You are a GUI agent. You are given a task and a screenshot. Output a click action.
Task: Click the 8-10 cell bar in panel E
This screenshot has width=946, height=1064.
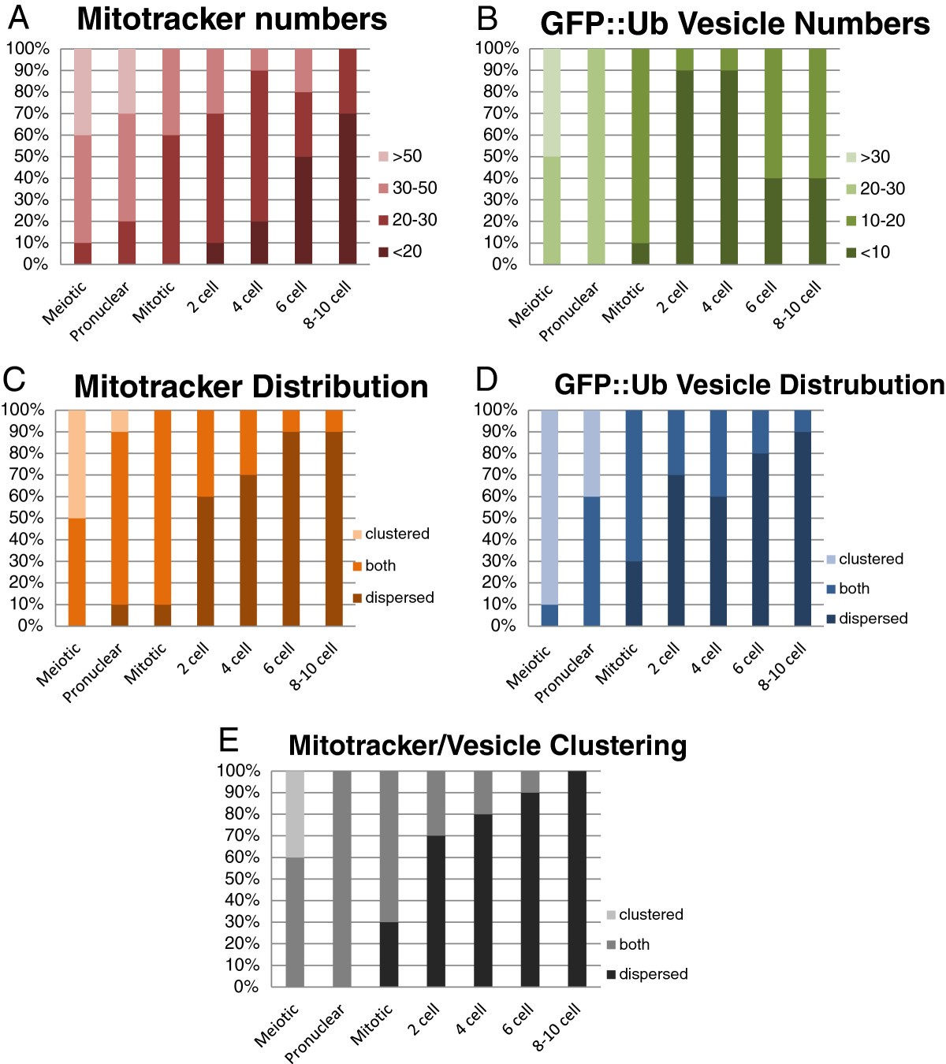pos(577,878)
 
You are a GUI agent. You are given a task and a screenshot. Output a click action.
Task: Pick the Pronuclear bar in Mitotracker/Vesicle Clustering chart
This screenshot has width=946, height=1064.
pos(341,878)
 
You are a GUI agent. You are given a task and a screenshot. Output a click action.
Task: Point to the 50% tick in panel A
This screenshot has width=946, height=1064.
pos(28,156)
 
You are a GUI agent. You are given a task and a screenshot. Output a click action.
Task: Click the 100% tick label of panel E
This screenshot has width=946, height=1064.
pos(237,770)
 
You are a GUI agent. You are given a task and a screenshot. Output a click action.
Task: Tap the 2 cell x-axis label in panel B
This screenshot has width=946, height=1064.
pos(673,297)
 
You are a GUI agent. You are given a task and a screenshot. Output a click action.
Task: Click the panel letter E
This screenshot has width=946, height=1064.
pos(228,741)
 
